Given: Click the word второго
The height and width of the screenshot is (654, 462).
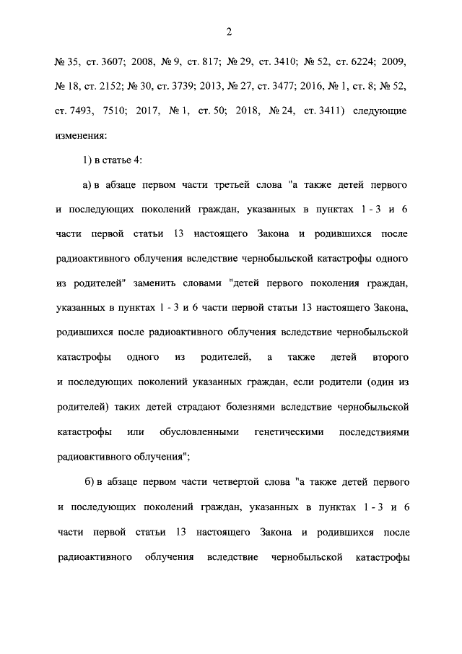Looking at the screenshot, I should [x=391, y=358].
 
